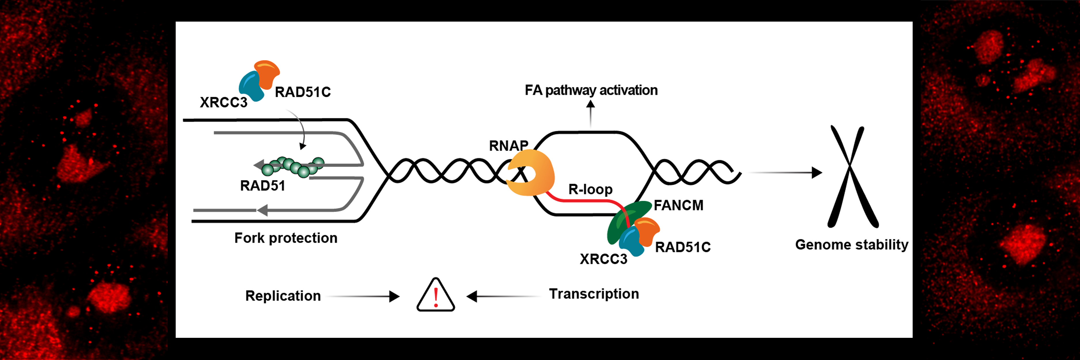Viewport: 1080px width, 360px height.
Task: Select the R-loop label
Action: pyautogui.click(x=590, y=190)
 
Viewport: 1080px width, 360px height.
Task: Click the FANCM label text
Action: pyautogui.click(x=678, y=205)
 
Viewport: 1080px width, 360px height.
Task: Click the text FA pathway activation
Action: pyautogui.click(x=591, y=90)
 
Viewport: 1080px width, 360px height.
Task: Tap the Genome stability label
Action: pyautogui.click(x=852, y=244)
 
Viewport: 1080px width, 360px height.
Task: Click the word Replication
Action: pyautogui.click(x=283, y=296)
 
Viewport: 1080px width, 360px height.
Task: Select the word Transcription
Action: pyautogui.click(x=594, y=294)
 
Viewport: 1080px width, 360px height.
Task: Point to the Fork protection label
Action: pyautogui.click(x=286, y=238)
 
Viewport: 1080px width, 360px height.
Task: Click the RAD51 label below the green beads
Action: pyautogui.click(x=262, y=186)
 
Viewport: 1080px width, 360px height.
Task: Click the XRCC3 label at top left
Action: pyautogui.click(x=223, y=102)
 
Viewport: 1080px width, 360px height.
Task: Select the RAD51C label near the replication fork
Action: pyautogui.click(x=303, y=92)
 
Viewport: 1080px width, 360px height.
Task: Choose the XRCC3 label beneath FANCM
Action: pyautogui.click(x=603, y=259)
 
